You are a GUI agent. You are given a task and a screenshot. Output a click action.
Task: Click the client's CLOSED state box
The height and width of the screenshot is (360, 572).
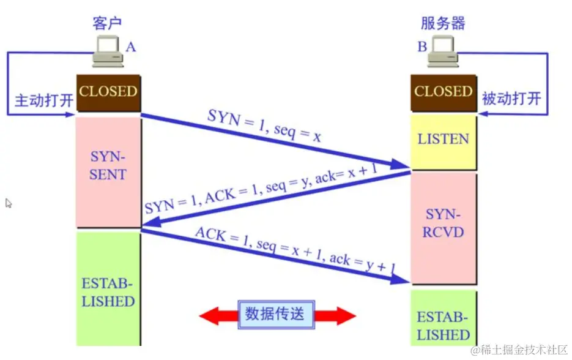click(x=108, y=92)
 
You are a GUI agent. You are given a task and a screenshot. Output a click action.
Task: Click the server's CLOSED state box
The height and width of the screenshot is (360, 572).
click(x=443, y=92)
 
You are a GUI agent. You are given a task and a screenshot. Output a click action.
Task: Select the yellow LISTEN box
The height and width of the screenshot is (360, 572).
click(x=443, y=140)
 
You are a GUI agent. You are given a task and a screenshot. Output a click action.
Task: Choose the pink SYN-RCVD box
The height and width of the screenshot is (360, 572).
click(x=443, y=224)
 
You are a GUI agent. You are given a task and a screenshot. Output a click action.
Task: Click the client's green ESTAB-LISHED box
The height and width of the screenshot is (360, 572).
click(x=108, y=293)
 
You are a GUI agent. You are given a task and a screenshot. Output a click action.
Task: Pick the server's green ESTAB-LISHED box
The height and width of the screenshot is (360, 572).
click(x=443, y=326)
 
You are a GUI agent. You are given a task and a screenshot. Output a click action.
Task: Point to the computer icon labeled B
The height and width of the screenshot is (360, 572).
click(x=442, y=51)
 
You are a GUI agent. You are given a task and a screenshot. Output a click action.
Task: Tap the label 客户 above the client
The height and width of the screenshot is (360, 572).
click(x=107, y=23)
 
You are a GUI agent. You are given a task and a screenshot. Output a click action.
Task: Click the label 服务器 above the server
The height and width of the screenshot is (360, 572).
click(x=443, y=23)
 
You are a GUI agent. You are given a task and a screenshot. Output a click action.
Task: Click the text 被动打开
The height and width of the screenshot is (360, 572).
click(x=511, y=99)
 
